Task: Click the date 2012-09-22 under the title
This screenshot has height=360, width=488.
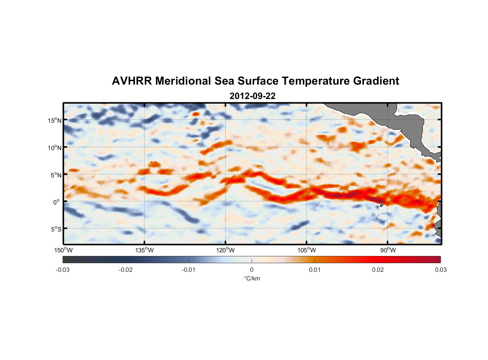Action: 252,96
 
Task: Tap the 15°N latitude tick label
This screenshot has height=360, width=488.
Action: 55,120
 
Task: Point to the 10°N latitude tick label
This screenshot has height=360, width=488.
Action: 55,148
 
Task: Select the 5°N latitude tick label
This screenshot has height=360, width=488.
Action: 56,175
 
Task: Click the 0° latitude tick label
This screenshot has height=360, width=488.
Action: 57,202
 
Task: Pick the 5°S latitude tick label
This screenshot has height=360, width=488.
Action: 56,229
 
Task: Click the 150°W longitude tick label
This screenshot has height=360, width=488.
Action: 63,250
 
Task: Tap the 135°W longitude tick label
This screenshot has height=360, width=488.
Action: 144,250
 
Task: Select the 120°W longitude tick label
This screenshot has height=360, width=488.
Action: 226,250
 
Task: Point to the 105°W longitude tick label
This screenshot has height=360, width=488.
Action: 307,250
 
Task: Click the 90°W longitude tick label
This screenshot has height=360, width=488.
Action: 388,250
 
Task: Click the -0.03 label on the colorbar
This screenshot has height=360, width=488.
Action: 63,270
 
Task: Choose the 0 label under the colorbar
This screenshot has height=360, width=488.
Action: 252,270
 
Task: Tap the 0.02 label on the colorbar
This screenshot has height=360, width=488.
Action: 378,270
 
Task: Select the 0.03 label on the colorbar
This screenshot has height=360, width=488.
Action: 440,270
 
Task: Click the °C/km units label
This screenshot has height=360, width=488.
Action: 252,278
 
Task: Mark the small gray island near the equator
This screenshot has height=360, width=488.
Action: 381,204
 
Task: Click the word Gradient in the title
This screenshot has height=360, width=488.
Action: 376,81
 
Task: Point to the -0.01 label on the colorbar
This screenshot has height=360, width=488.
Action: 188,270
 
